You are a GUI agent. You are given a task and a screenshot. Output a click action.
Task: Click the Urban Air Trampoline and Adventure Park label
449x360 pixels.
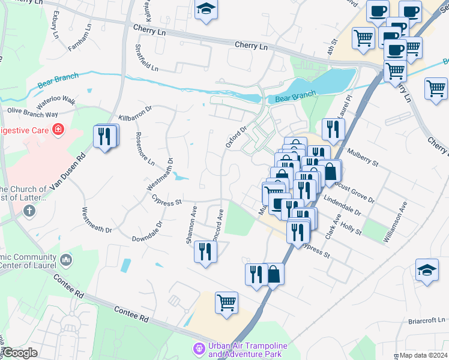(x=247, y=350)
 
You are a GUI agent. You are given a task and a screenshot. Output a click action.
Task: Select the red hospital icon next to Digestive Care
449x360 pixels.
(x=58, y=130)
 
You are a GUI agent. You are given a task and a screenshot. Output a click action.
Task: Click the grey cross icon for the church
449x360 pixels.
(x=29, y=211)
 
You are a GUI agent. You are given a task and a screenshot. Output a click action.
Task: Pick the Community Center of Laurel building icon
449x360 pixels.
(x=66, y=260)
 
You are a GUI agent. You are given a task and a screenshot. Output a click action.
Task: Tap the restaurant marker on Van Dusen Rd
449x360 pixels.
(x=106, y=136)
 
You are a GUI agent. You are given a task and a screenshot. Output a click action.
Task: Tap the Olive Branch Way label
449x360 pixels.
(x=32, y=112)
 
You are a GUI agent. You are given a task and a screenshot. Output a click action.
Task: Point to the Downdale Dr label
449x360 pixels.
(x=147, y=232)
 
